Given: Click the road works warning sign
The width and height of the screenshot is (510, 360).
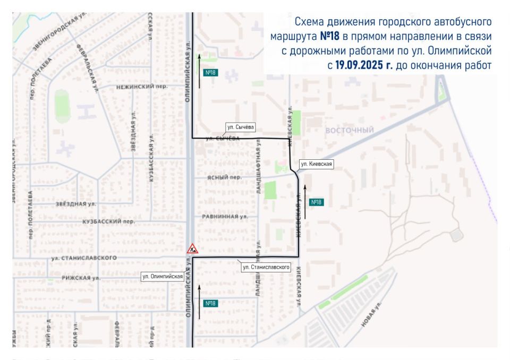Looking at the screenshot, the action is point(192,248).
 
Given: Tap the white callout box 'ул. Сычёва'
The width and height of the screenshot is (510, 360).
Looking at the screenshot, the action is point(241,127).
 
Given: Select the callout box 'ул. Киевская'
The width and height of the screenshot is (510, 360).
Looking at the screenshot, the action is point(316,164).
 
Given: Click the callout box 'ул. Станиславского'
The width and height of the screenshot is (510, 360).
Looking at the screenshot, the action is point(265,267).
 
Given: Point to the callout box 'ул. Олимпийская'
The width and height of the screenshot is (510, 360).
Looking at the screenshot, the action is point(163,276).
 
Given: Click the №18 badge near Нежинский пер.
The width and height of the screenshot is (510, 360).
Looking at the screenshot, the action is point(210,72).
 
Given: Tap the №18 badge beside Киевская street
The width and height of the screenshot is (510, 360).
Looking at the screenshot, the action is point(316,202).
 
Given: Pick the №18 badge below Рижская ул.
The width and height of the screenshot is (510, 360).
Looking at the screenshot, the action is point(210,303).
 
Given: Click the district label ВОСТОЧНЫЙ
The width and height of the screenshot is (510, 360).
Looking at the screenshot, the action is point(350,131).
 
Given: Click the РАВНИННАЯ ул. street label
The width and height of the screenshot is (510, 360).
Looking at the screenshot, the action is point(225,217).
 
